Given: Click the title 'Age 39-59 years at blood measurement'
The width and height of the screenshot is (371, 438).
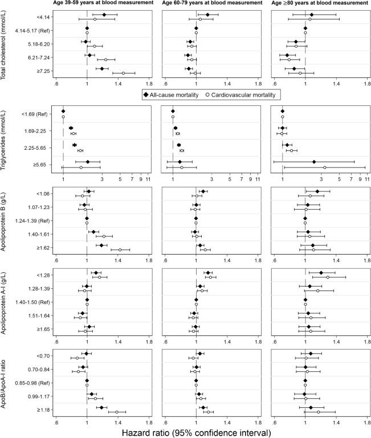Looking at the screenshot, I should [x=101, y=4].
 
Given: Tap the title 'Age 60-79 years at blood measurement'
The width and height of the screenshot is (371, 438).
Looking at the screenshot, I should [x=211, y=4].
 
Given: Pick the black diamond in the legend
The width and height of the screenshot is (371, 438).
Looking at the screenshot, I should [x=146, y=94].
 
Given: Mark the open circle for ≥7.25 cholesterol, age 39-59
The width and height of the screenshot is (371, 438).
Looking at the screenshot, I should [x=123, y=73].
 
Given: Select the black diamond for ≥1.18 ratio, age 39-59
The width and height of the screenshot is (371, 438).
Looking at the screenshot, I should [x=101, y=407].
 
